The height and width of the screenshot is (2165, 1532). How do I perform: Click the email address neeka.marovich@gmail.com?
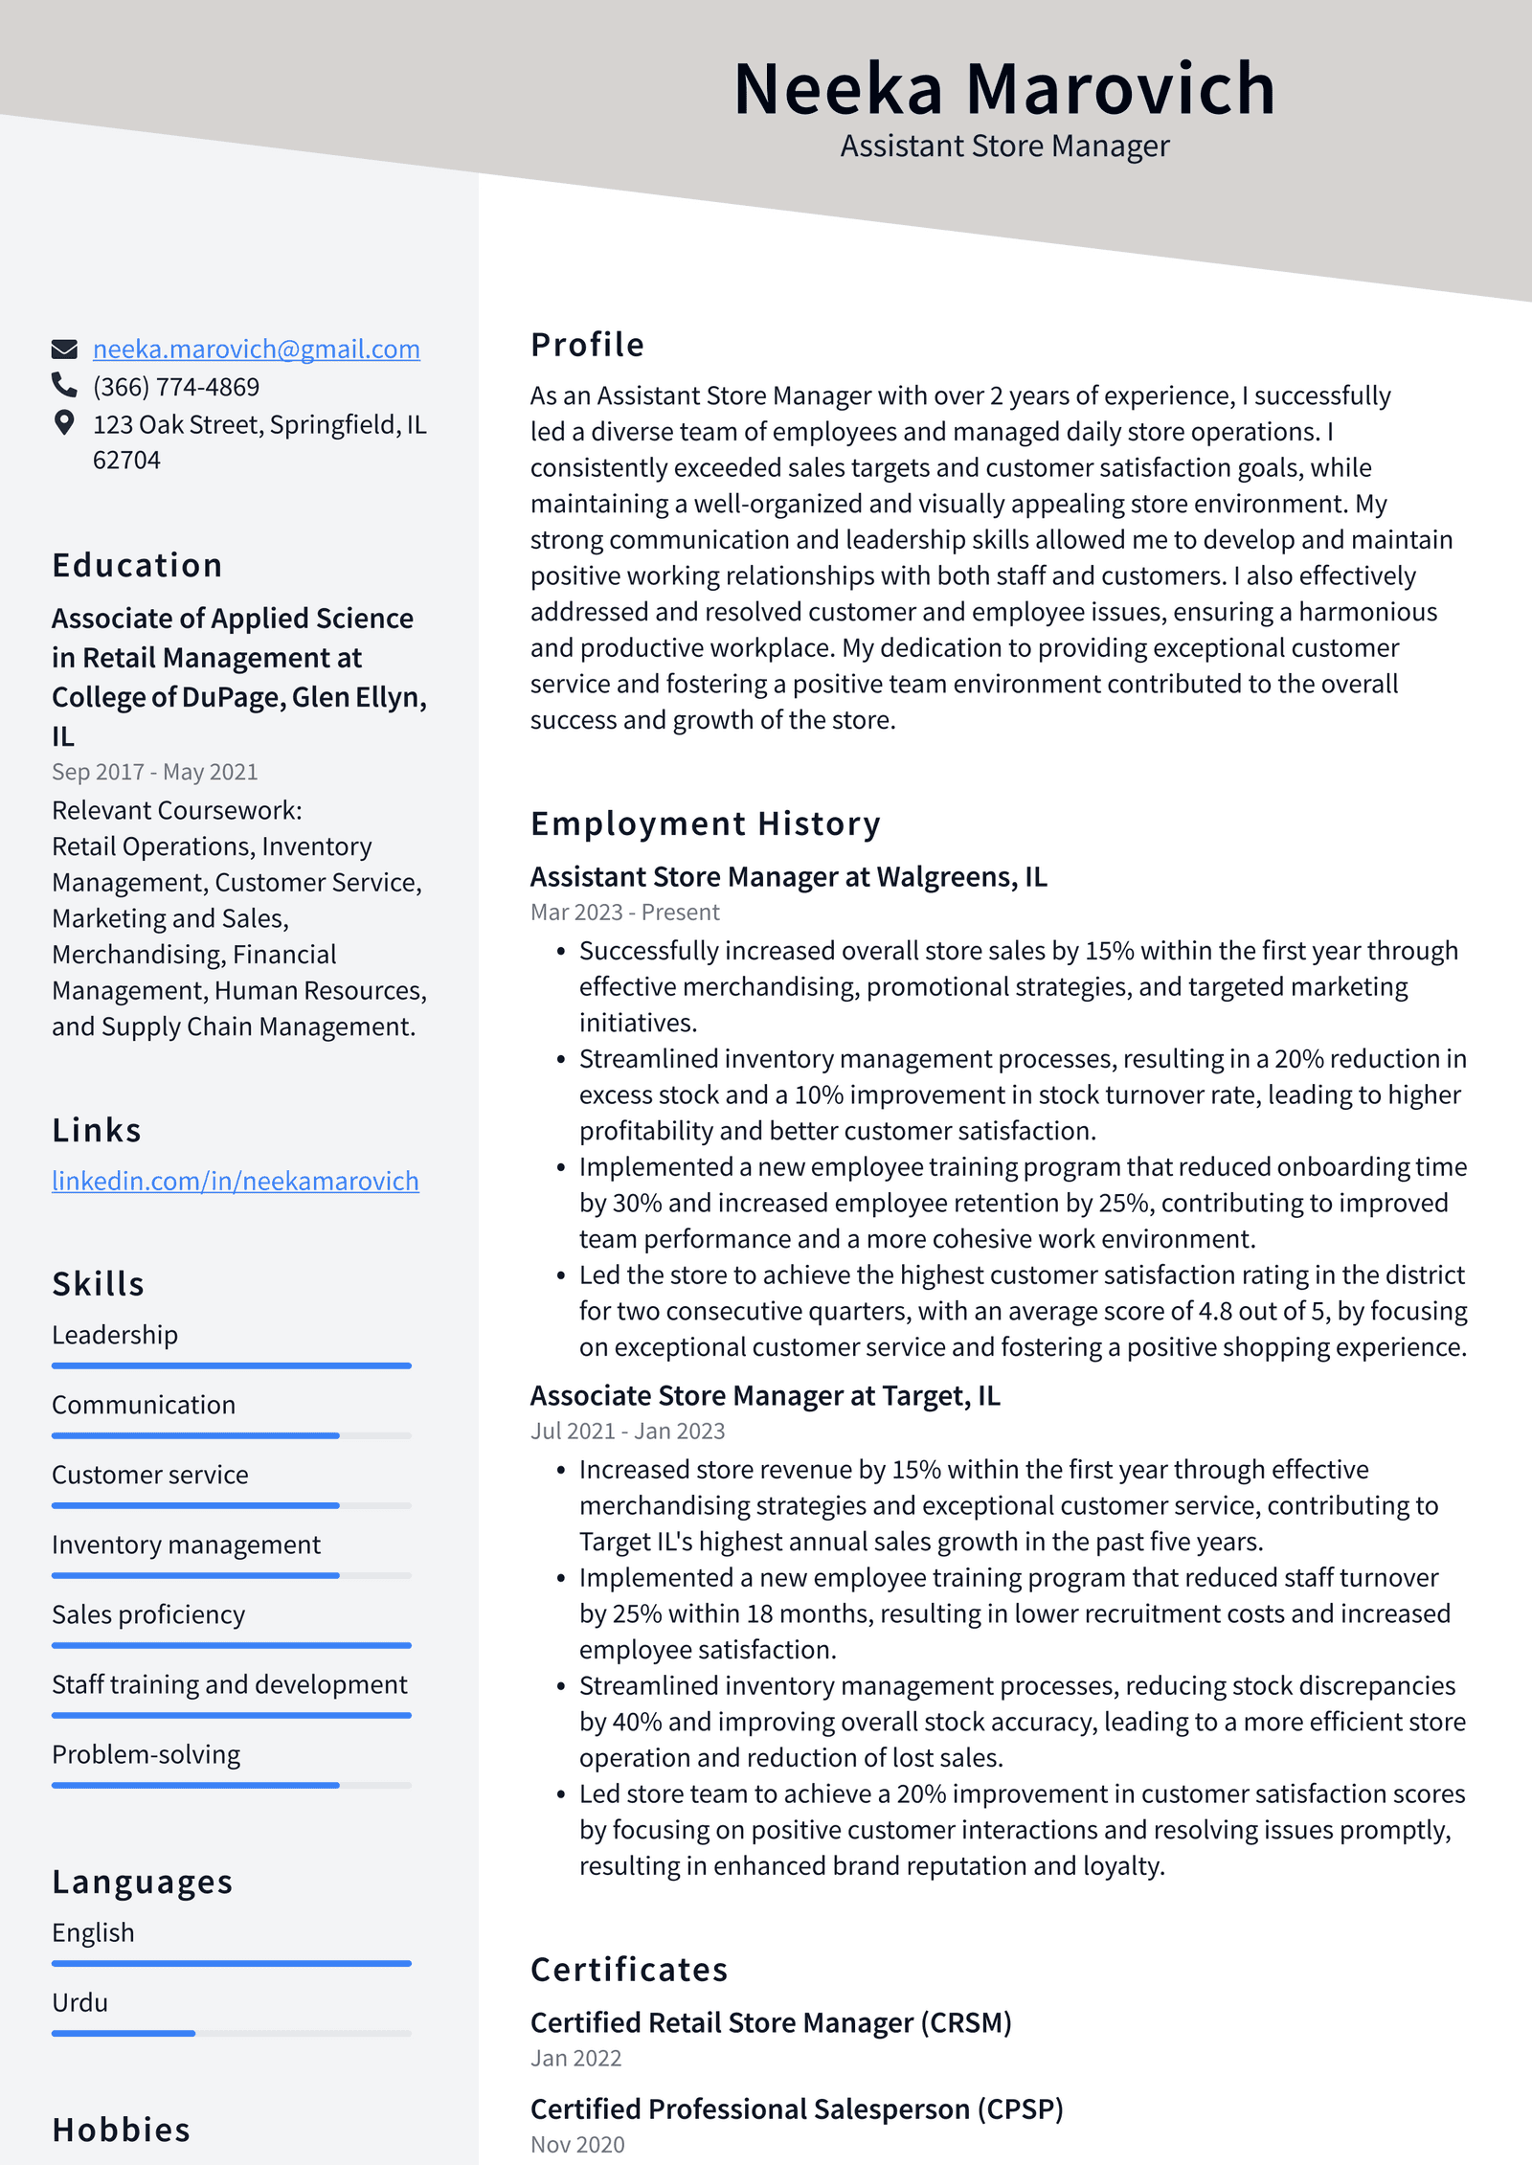[256, 350]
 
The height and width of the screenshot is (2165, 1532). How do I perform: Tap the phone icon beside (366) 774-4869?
[64, 385]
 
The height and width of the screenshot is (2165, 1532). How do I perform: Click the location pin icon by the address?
[64, 422]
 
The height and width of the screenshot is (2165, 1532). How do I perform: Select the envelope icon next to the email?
[64, 349]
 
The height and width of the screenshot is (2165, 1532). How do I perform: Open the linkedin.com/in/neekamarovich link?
[235, 1181]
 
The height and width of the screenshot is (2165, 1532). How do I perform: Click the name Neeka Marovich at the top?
[1003, 89]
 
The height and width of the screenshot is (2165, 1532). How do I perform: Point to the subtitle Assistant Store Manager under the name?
[1003, 147]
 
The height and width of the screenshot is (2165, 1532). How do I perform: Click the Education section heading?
[137, 566]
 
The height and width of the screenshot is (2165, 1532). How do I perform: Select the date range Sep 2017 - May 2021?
[155, 772]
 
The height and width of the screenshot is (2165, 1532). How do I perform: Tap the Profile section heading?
[587, 345]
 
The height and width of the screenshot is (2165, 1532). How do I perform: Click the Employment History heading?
[705, 823]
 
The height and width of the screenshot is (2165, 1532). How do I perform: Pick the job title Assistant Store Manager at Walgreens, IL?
[788, 877]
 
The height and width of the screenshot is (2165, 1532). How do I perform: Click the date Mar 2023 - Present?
[624, 913]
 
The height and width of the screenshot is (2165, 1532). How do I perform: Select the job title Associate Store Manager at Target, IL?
[764, 1396]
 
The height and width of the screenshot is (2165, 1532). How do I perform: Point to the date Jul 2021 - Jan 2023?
[627, 1432]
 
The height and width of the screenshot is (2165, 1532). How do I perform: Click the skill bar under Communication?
[231, 1435]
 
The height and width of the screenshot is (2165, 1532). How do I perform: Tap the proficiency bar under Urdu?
[231, 2033]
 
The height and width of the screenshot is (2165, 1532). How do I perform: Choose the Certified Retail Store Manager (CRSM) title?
[770, 2022]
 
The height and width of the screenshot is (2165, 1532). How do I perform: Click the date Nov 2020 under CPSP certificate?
[577, 2145]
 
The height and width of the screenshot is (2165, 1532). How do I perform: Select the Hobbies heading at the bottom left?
[122, 2130]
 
